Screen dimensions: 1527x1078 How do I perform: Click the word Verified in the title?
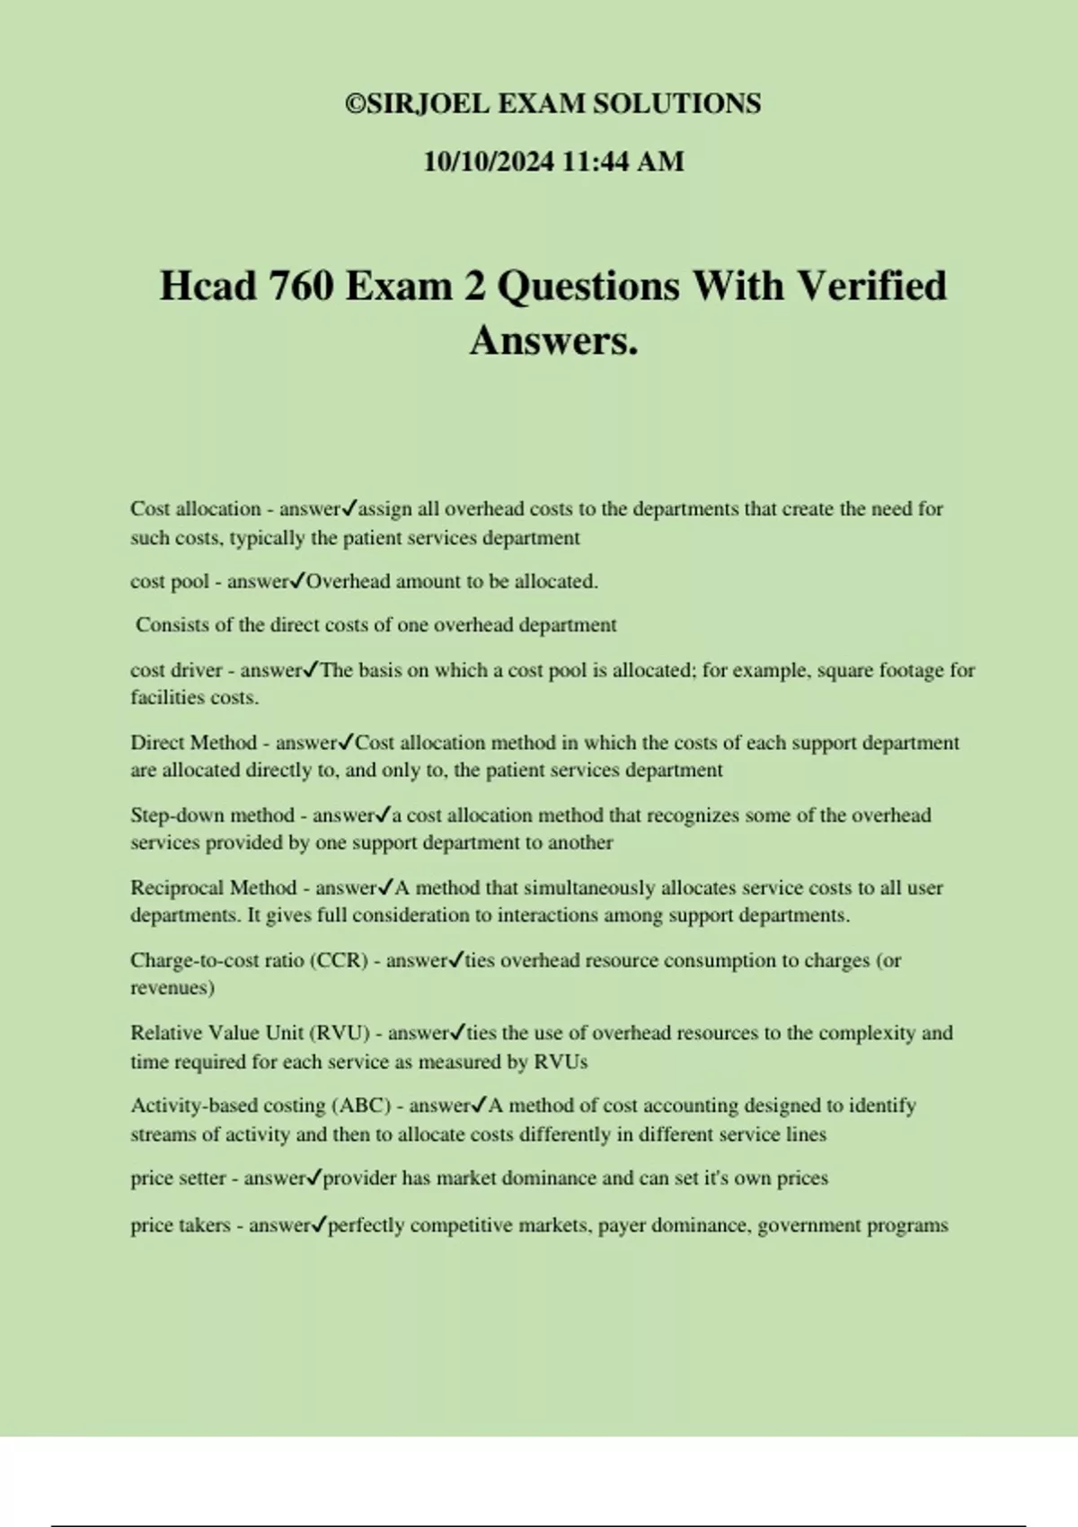pos(871,287)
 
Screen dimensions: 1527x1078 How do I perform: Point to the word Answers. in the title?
pos(553,340)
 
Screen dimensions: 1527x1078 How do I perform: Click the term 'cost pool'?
pos(170,582)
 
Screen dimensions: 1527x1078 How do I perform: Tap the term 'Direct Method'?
pos(193,743)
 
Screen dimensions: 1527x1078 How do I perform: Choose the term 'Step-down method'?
pos(212,816)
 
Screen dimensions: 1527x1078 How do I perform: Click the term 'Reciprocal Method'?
pos(213,888)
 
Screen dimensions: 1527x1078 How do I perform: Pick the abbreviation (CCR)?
pos(339,960)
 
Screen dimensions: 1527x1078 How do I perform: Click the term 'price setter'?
pos(178,1178)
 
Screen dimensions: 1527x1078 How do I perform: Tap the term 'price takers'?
pos(181,1225)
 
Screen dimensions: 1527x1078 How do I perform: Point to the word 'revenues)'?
pos(172,988)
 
